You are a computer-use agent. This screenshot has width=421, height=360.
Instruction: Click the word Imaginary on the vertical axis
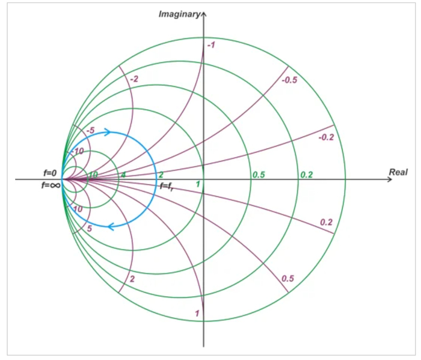tap(179, 14)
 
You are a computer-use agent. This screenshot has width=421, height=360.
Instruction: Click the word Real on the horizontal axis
tap(398, 172)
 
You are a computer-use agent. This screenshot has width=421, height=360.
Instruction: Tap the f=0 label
tap(50, 173)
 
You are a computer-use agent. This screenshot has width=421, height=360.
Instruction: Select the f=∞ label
tap(51, 185)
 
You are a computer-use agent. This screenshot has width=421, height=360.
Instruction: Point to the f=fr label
tap(167, 186)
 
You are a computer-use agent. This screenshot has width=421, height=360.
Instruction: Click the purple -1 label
tap(211, 45)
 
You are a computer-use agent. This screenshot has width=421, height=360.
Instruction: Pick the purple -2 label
tap(134, 79)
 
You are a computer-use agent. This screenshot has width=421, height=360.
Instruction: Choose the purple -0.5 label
tap(289, 80)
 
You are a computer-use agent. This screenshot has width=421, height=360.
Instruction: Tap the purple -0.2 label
tap(326, 137)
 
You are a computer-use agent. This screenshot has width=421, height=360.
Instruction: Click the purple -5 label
tap(90, 131)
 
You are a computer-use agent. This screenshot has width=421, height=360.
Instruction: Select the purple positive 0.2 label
tap(326, 222)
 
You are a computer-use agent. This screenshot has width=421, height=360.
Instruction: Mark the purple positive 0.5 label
tap(288, 278)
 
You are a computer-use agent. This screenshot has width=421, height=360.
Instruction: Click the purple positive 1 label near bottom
tap(197, 313)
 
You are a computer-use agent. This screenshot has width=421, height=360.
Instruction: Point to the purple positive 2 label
tap(132, 279)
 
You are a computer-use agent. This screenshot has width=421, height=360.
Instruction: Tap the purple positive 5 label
tap(90, 229)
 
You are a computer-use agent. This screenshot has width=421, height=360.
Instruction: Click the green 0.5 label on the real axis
tap(259, 175)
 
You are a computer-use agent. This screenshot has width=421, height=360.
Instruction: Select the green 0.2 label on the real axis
tap(307, 175)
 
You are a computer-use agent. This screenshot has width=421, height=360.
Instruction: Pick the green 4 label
tap(123, 175)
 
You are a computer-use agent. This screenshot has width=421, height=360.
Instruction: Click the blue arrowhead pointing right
tap(108, 132)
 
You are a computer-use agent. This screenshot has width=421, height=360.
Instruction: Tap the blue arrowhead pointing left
tap(111, 227)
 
